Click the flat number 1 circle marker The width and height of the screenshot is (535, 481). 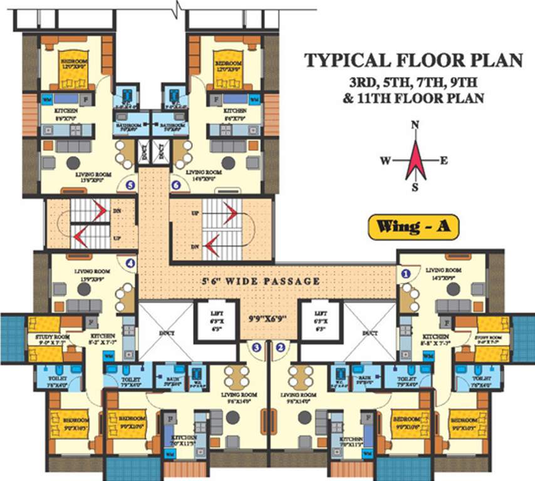(406, 273)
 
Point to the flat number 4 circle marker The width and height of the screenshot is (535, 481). (130, 264)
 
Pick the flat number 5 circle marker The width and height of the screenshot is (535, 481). (130, 185)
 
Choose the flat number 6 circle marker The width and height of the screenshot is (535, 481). (176, 185)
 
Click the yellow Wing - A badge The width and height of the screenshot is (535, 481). (413, 227)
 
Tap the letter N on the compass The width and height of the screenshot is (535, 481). (414, 125)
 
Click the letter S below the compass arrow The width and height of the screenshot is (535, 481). (414, 187)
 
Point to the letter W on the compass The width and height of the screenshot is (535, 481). (385, 161)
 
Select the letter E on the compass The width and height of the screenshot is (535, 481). (444, 161)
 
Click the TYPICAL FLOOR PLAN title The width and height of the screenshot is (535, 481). (413, 61)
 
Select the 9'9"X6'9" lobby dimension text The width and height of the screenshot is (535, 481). (268, 318)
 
